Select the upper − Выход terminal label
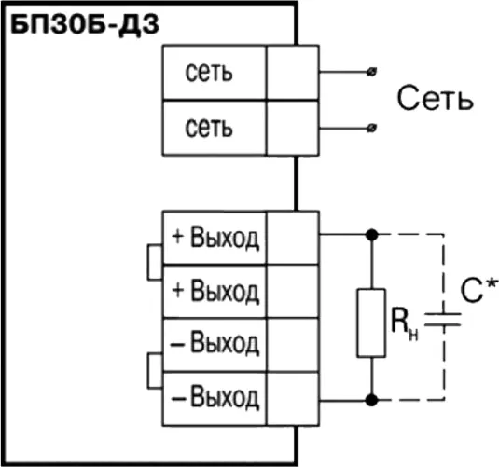pyautogui.click(x=215, y=344)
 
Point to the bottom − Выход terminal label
pyautogui.click(x=215, y=398)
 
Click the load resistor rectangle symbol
pyautogui.click(x=372, y=323)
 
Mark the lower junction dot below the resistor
pyautogui.click(x=372, y=400)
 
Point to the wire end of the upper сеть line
pyautogui.click(x=373, y=71)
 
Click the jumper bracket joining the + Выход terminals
pyautogui.click(x=152, y=263)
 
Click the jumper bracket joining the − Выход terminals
pyautogui.click(x=152, y=371)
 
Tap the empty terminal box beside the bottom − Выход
pyautogui.click(x=293, y=398)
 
